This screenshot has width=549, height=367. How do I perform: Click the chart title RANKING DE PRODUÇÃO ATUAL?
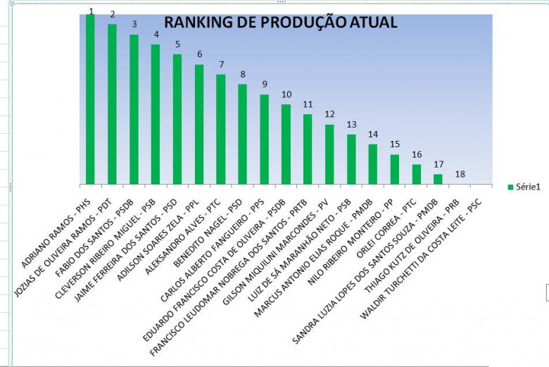click(x=280, y=23)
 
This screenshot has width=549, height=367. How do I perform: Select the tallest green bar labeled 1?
click(x=90, y=99)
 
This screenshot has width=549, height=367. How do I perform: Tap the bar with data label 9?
click(x=265, y=139)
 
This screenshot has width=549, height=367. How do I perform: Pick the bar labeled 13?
click(x=351, y=158)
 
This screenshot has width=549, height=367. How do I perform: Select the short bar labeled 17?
click(x=438, y=179)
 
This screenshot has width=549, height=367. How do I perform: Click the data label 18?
click(x=460, y=174)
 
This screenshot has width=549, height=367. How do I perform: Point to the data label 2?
click(x=112, y=14)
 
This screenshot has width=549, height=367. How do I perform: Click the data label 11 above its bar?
click(x=308, y=104)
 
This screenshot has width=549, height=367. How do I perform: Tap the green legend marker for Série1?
click(x=510, y=187)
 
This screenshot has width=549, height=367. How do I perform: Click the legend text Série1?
click(x=528, y=187)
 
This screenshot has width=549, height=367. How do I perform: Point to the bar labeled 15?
click(x=395, y=169)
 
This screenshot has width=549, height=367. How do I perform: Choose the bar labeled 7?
click(x=221, y=129)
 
